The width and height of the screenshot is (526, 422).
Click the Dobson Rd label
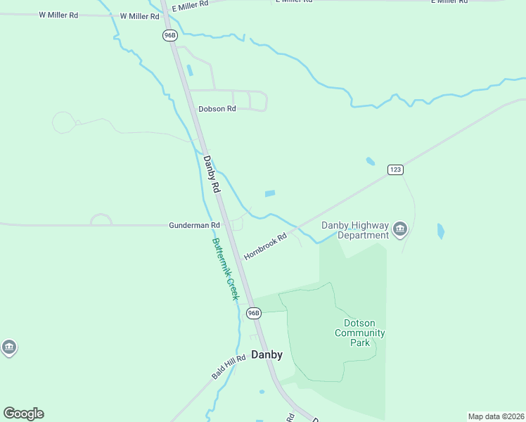click(x=217, y=108)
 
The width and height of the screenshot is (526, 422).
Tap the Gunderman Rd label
click(x=194, y=225)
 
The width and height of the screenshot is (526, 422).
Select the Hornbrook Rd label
click(x=266, y=247)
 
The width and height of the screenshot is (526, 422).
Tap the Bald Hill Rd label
click(x=228, y=367)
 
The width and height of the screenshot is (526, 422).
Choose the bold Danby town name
click(x=267, y=354)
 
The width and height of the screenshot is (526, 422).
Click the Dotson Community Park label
click(x=359, y=333)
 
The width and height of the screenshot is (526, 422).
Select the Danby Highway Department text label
click(x=355, y=230)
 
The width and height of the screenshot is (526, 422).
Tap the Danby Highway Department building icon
click(x=400, y=229)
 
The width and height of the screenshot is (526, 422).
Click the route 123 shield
click(x=394, y=170)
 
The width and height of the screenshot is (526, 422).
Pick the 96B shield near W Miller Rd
click(x=169, y=34)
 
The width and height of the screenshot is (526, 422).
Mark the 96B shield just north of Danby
click(x=254, y=312)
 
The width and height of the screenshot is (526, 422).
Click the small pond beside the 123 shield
click(x=371, y=162)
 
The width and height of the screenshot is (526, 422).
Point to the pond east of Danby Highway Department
click(x=441, y=230)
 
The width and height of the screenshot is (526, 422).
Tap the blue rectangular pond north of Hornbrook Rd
click(x=269, y=193)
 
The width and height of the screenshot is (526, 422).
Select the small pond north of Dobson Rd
click(x=189, y=70)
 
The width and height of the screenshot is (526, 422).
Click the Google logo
click(x=23, y=414)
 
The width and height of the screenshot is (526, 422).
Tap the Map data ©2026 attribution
click(x=496, y=416)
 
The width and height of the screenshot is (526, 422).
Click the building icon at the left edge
click(x=8, y=347)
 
